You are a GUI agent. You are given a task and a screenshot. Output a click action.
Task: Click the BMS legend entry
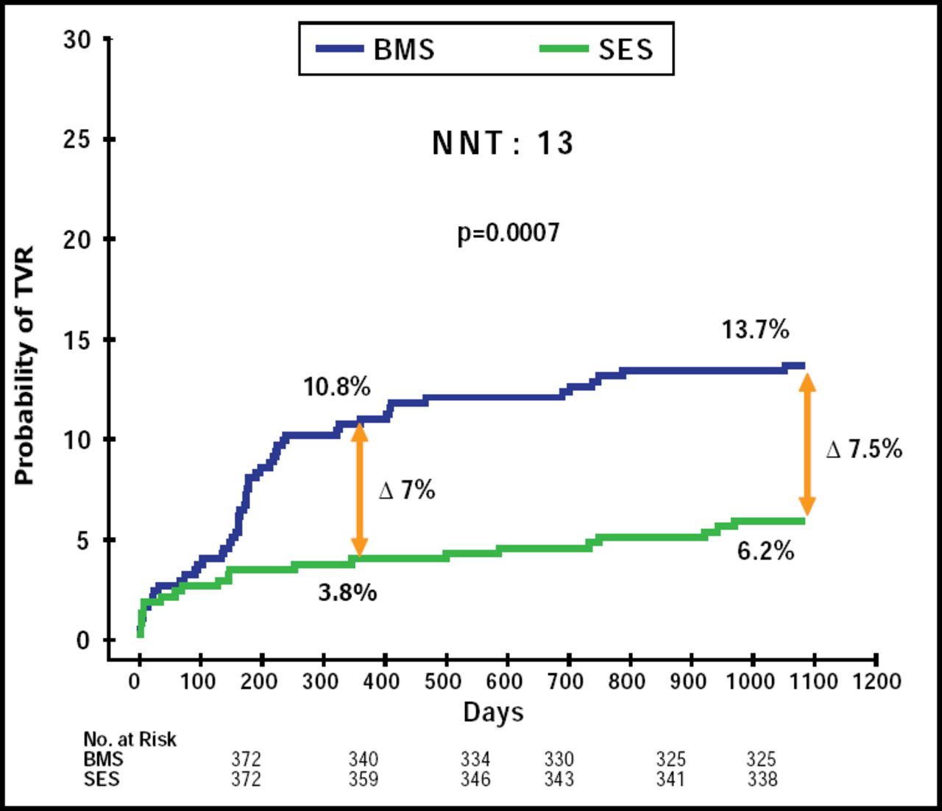376,49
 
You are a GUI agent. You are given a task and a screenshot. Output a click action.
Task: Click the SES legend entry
597,49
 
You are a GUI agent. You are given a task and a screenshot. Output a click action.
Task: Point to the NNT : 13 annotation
503,143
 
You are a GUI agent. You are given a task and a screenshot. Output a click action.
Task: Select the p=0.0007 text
509,233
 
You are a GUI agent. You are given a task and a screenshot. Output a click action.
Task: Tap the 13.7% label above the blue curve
755,329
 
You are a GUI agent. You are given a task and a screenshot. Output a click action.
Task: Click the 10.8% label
337,387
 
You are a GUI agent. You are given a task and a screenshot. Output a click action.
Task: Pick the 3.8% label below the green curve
347,591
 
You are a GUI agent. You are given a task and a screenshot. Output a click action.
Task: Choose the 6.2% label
765,550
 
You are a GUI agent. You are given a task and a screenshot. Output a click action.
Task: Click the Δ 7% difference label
407,490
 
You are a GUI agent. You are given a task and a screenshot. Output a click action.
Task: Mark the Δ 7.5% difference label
864,449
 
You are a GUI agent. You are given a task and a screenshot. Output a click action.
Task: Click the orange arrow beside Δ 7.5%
807,444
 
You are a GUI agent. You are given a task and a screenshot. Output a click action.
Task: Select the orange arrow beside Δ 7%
359,489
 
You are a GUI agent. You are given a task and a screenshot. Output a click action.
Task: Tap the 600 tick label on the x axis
504,681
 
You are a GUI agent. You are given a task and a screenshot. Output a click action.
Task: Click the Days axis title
493,712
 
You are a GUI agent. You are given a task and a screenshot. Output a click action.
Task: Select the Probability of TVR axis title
24,366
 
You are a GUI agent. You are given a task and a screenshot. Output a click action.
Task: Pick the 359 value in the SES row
363,779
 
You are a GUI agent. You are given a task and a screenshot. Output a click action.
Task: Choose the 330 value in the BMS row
559,759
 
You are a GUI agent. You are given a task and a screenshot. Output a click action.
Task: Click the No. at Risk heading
130,739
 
